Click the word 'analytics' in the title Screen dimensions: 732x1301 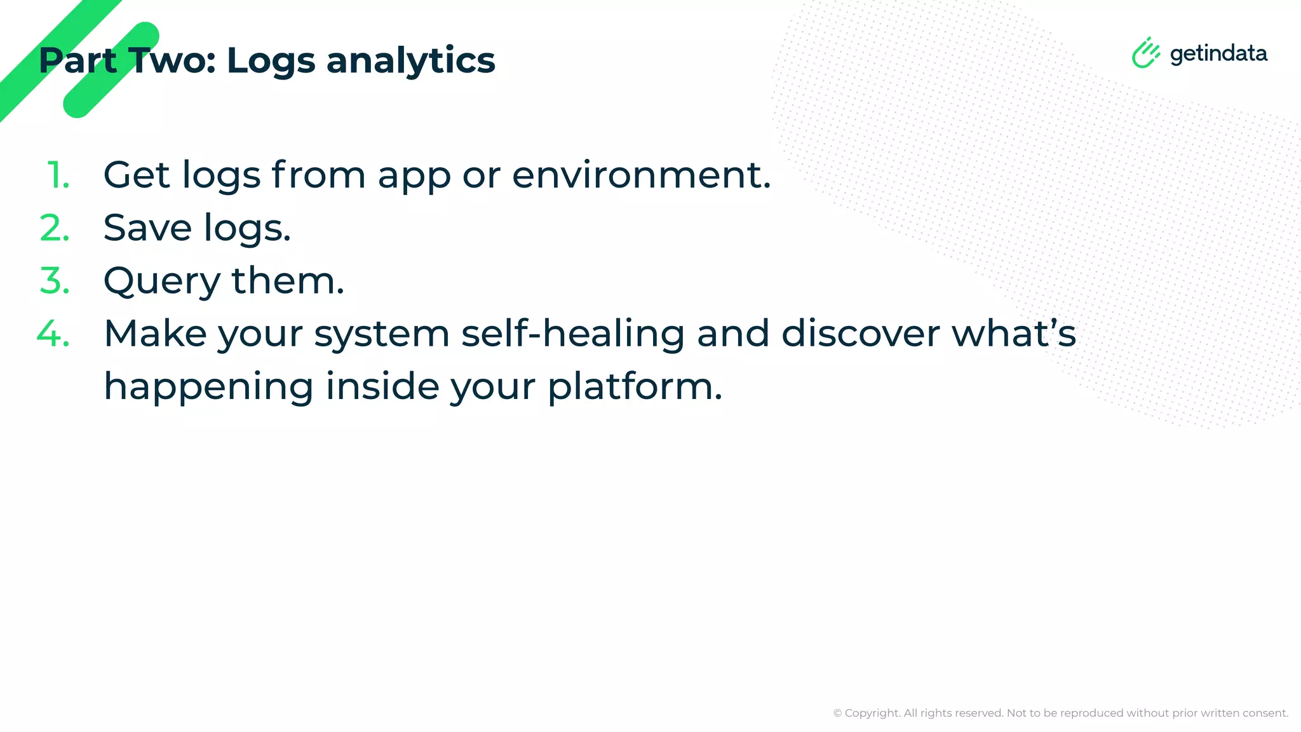pos(410,61)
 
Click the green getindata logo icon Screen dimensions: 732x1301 pos(1146,53)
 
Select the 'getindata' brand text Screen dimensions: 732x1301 pos(1218,54)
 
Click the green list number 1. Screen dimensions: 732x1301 pos(58,175)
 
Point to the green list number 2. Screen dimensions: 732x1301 pos(55,228)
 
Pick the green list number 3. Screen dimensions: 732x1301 pos(55,281)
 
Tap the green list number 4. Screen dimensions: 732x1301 pos(53,334)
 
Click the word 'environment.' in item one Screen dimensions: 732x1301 pos(642,175)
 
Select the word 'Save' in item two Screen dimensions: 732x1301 pos(147,228)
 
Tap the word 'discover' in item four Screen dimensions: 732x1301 pos(860,334)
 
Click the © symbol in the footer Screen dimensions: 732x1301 pos(837,714)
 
